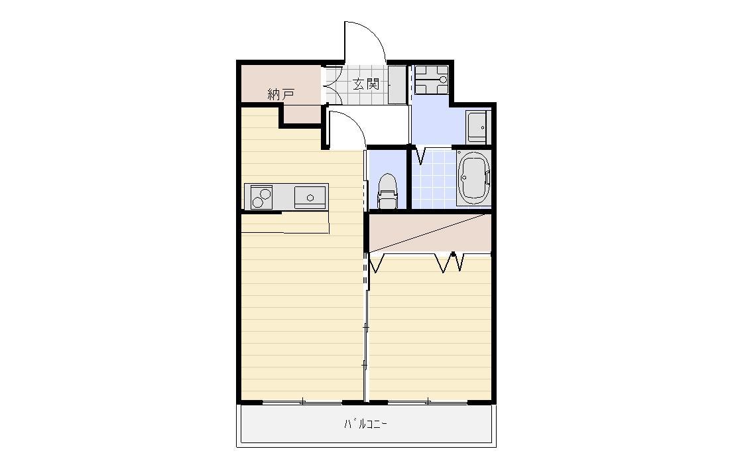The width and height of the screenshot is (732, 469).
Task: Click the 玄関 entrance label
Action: [365, 84]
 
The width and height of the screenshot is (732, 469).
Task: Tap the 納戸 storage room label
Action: [280, 94]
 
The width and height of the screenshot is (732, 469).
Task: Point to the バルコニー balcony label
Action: [365, 424]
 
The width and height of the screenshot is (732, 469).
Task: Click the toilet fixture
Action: [387, 192]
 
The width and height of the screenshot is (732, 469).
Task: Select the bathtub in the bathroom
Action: [473, 178]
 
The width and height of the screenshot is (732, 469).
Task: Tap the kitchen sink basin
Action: [309, 196]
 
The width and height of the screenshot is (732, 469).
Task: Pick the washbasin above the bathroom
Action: [477, 126]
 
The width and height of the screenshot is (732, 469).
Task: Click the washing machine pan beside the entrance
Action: [431, 80]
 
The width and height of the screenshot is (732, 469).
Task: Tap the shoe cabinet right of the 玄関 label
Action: [396, 84]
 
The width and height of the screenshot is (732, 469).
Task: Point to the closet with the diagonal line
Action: [430, 233]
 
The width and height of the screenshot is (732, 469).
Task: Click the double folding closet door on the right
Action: [453, 263]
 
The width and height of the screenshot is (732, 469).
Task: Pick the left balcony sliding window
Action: [302, 401]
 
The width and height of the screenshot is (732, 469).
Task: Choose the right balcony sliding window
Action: [428, 401]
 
